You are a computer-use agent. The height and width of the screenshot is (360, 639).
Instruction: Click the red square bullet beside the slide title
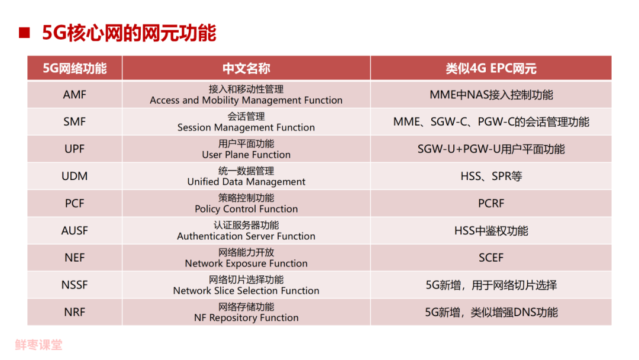point(24,33)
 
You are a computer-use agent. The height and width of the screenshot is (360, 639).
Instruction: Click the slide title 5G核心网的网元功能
point(129,33)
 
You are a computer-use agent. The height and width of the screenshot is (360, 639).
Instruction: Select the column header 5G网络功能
point(75,68)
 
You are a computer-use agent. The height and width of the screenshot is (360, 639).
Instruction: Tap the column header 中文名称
point(246,68)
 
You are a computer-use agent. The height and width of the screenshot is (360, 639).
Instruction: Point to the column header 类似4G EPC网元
point(490,68)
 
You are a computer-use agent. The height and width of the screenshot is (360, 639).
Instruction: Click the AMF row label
point(75,95)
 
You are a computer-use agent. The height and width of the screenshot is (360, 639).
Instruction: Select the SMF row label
point(75,122)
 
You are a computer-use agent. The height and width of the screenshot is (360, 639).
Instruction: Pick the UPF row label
point(75,149)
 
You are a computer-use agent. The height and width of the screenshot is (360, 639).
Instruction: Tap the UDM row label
point(75,176)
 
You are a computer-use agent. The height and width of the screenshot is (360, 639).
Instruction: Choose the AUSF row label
point(75,231)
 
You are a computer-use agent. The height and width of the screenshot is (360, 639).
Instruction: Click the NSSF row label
point(75,285)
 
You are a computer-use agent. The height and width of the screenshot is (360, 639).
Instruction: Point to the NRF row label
point(75,313)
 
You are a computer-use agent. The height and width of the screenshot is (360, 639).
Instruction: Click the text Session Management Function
point(246,127)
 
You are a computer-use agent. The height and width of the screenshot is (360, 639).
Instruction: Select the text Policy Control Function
point(246,209)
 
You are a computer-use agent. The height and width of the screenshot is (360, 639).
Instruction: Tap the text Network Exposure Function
point(246,263)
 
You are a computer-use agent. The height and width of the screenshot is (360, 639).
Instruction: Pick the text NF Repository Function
point(246,318)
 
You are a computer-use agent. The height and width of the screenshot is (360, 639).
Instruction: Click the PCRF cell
point(490,204)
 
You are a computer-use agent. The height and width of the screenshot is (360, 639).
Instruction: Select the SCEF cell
point(490,258)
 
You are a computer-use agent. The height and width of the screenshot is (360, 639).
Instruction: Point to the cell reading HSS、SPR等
point(490,176)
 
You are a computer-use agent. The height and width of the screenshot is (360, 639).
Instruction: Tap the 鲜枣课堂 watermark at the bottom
point(38,345)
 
